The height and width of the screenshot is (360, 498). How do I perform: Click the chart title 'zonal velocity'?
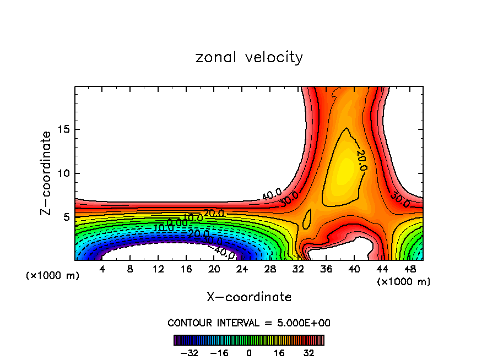(249, 57)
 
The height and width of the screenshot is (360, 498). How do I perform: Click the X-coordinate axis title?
(249, 297)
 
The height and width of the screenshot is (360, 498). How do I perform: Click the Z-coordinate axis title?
(46, 173)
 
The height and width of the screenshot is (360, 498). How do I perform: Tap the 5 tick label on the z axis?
(67, 217)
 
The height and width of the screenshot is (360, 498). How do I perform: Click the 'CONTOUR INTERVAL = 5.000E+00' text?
(249, 323)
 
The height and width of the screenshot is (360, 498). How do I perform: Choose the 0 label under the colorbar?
(249, 353)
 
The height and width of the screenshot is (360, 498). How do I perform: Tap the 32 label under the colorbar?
(309, 353)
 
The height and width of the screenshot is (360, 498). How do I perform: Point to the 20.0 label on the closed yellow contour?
(361, 160)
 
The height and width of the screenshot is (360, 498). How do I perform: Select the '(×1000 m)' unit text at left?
(53, 276)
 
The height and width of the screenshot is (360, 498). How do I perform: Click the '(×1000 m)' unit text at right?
(404, 282)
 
